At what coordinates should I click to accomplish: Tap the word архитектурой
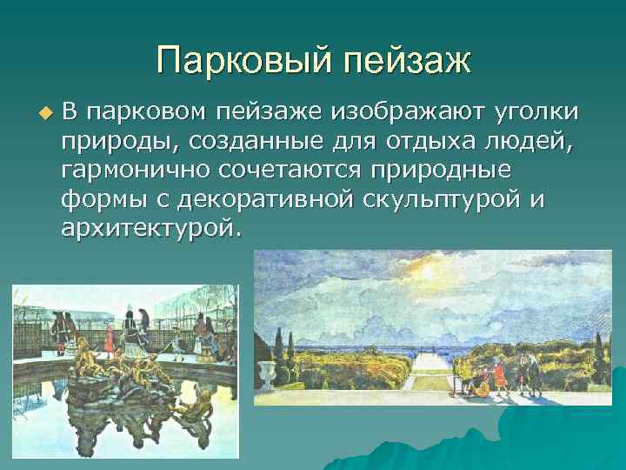click(x=148, y=228)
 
